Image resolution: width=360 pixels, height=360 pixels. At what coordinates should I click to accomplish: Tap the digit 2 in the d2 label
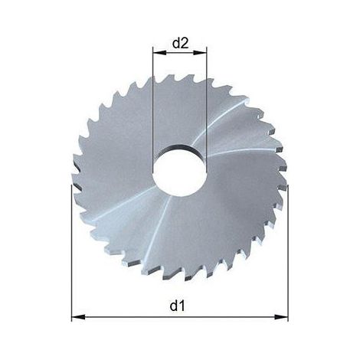coord(185,44)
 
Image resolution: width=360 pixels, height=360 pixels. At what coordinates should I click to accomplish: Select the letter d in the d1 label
coord(174,306)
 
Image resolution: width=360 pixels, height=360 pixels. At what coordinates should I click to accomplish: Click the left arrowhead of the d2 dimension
coord(159,53)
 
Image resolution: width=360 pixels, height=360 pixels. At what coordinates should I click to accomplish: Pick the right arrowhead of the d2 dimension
coord(200,53)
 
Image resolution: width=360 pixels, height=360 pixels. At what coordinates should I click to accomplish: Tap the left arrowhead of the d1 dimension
coord(78,317)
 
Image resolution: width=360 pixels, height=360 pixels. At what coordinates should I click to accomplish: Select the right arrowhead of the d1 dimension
coord(281,317)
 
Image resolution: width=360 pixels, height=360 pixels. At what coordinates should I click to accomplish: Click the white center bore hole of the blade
coord(179,174)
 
